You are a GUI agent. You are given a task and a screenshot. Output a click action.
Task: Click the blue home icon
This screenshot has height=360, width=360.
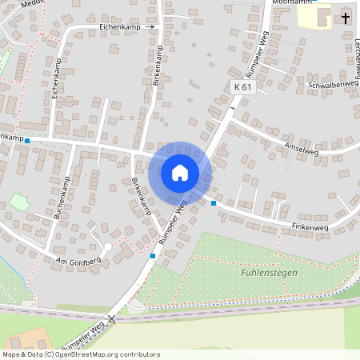click(180, 172)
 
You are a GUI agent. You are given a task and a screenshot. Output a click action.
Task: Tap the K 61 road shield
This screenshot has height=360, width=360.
click(243, 86)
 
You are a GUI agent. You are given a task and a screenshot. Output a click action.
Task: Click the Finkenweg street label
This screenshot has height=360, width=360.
click(310, 228)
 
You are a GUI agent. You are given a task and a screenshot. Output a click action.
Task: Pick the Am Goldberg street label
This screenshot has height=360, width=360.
click(78, 261)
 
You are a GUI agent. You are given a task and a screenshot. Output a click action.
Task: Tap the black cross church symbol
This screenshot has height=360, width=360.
click(346, 18)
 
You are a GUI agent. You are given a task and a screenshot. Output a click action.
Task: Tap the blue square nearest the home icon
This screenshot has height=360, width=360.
click(213, 203)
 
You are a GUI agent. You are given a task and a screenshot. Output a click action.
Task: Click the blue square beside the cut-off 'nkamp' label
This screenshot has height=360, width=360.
click(27, 141)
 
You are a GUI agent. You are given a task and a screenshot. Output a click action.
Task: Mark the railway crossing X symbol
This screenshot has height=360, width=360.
click(112, 318)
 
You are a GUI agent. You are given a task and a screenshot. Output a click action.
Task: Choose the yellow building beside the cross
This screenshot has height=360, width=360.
click(314, 16)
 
